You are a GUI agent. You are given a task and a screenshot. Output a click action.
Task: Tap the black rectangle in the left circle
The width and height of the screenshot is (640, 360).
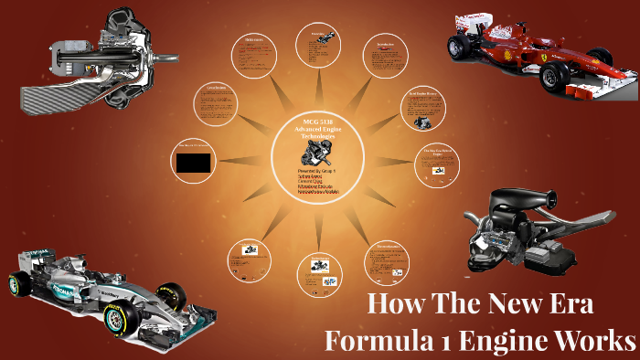(193, 163)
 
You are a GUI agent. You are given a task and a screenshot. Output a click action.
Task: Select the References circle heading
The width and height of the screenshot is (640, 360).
(256, 40)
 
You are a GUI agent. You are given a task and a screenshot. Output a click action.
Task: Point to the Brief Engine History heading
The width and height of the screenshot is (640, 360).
(420, 93)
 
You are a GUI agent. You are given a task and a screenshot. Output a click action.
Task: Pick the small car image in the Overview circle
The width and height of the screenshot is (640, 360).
(326, 38)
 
